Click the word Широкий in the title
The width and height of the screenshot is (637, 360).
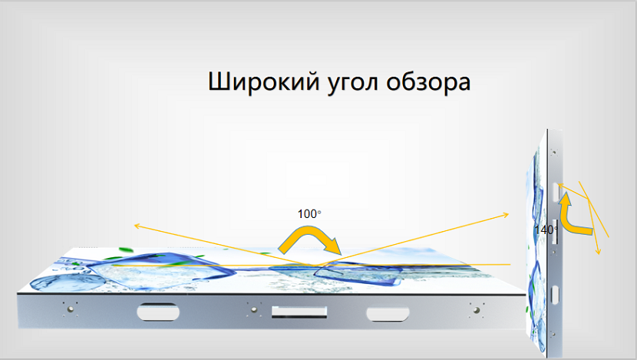pyautogui.click(x=264, y=82)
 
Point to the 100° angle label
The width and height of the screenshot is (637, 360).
pyautogui.click(x=309, y=213)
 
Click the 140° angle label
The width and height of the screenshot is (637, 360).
pyautogui.click(x=546, y=230)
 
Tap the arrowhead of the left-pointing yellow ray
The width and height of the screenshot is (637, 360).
pyautogui.click(x=137, y=226)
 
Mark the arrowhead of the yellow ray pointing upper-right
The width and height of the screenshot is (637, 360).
pyautogui.click(x=506, y=214)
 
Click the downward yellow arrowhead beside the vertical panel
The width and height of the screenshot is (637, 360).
pyautogui.click(x=598, y=252)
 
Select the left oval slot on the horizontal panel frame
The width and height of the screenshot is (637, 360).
pyautogui.click(x=158, y=312)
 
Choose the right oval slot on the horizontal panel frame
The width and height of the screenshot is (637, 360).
pyautogui.click(x=388, y=314)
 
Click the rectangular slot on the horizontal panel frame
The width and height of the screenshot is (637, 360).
pyautogui.click(x=299, y=312)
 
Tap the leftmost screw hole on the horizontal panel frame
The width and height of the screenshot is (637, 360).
pyautogui.click(x=71, y=309)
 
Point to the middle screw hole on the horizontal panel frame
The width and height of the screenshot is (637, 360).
pyautogui.click(x=254, y=309)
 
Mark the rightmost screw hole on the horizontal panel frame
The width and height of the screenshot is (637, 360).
pyautogui.click(x=477, y=310)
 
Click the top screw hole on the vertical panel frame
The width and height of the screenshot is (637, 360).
pyautogui.click(x=553, y=153)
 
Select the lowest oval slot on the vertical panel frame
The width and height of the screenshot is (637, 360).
pyautogui.click(x=554, y=295)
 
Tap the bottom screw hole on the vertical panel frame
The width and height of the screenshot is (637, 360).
pyautogui.click(x=553, y=335)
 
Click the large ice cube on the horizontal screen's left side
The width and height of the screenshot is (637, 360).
pyautogui.click(x=158, y=272)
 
